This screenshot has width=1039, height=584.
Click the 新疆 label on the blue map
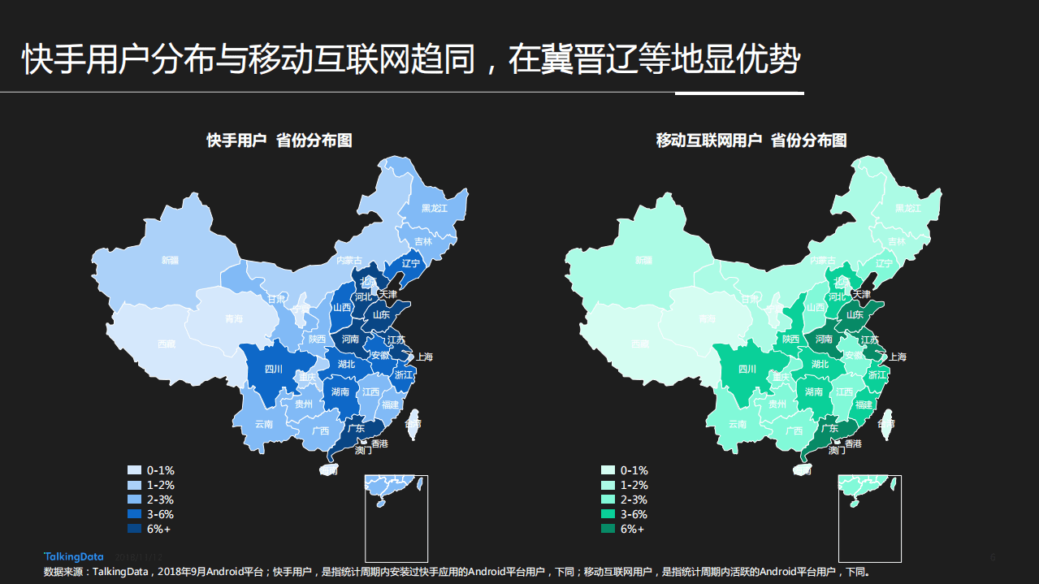tap(170, 261)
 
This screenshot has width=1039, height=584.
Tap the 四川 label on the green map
tap(747, 370)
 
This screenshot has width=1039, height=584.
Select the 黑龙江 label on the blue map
tap(434, 208)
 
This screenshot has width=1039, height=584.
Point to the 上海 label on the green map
tap(897, 357)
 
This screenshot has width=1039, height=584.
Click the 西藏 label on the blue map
tap(166, 344)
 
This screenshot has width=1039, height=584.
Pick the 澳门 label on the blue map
tap(363, 450)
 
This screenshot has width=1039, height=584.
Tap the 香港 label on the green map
tap(853, 443)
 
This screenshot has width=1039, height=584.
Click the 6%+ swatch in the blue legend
tap(134, 529)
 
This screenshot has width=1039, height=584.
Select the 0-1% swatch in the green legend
tap(608, 470)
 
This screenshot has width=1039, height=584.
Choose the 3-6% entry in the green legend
tap(634, 514)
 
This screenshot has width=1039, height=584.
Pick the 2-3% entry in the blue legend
tap(160, 500)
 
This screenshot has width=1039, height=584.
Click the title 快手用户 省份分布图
tap(279, 141)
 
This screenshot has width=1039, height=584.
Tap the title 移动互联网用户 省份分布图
tap(751, 141)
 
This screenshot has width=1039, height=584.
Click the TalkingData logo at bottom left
tap(73, 556)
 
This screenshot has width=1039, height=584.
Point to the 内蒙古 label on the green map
tap(822, 261)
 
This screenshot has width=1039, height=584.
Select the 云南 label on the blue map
tap(264, 424)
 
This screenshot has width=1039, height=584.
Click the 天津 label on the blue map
tap(387, 294)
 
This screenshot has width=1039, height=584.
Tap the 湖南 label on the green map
tap(813, 391)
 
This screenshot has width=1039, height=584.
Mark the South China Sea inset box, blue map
tap(396, 518)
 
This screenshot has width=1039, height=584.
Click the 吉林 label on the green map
tap(896, 241)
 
